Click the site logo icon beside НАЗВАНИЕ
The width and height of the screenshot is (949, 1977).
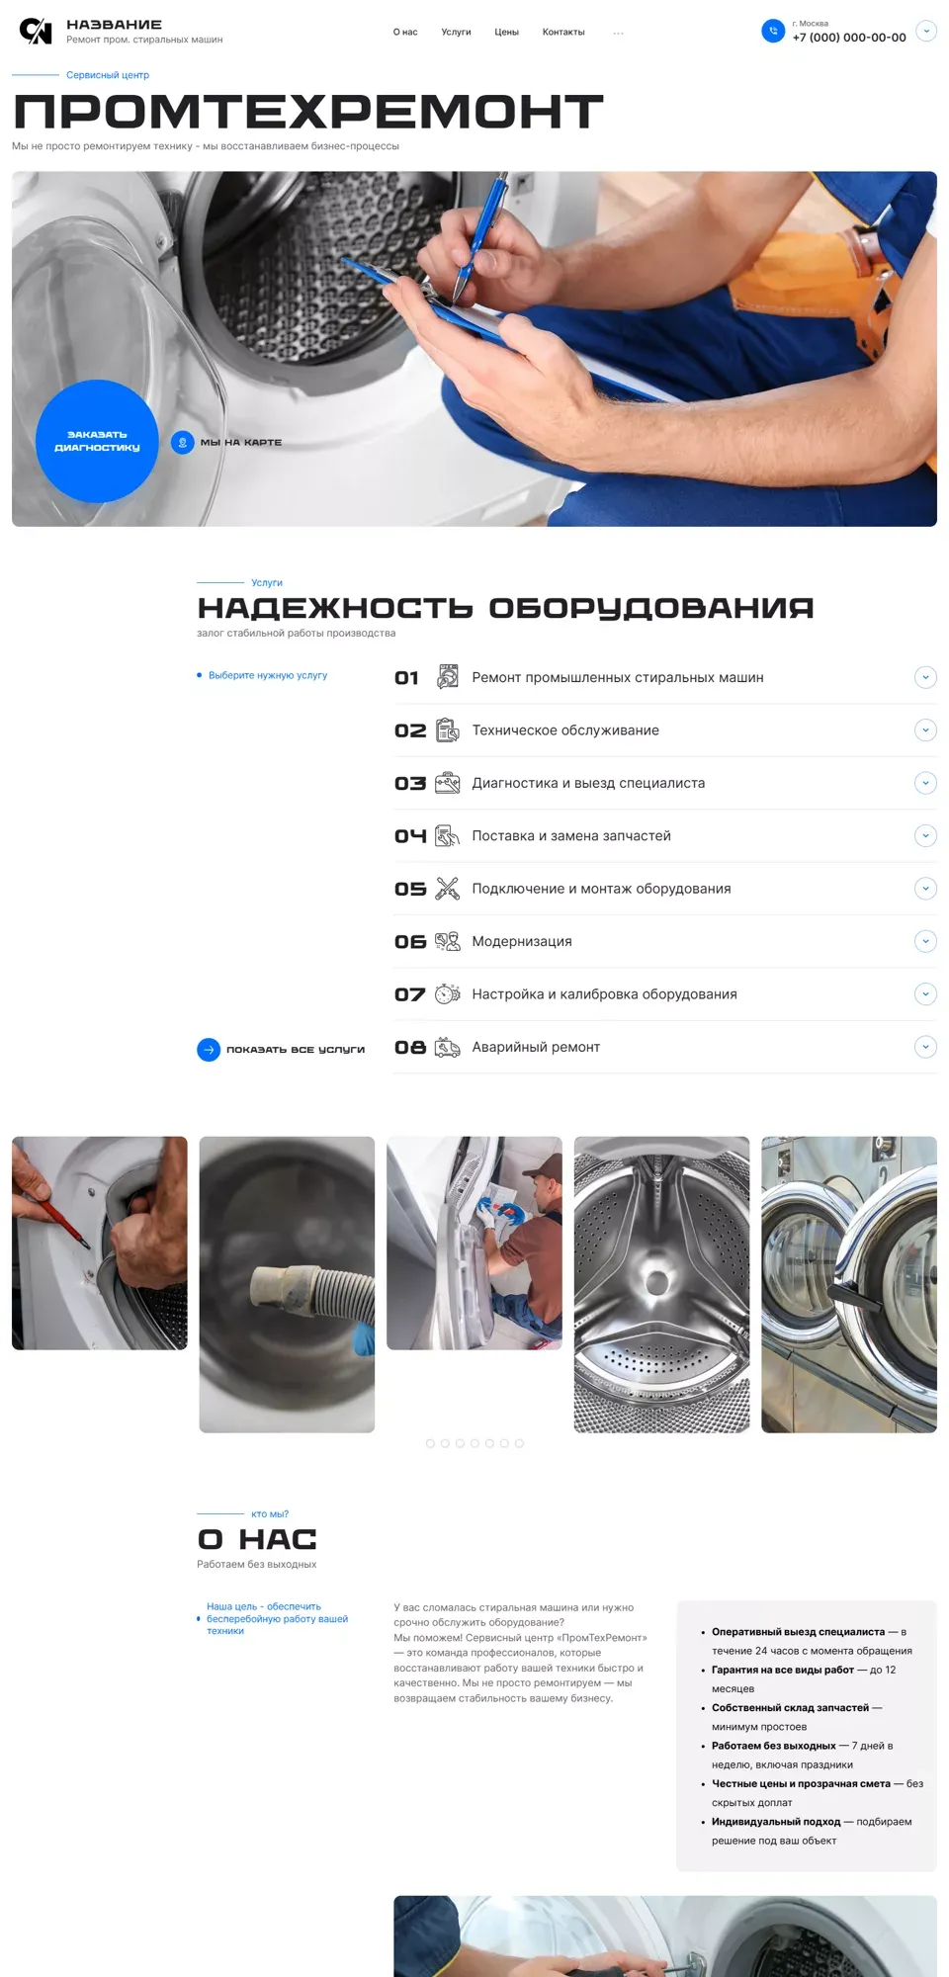[x=36, y=32]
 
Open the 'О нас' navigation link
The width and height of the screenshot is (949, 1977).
[x=405, y=33]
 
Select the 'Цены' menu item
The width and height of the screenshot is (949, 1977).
[x=507, y=33]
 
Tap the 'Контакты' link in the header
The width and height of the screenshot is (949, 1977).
[x=563, y=33]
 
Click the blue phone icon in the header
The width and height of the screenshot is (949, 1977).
[x=773, y=32]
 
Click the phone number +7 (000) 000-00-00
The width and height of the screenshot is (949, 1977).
[x=849, y=38]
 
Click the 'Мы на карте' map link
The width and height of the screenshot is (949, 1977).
[x=241, y=442]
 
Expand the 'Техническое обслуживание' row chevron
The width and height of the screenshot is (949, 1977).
[x=925, y=731]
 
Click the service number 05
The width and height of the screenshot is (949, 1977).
[x=410, y=889]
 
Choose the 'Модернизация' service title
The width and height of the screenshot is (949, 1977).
[x=522, y=941]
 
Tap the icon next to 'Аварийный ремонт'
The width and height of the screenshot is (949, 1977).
[x=448, y=1047]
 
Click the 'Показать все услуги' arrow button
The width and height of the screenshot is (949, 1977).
[x=209, y=1050]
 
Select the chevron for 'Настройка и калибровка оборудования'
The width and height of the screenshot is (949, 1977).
[x=925, y=994]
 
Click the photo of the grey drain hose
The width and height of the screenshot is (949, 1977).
[x=287, y=1284]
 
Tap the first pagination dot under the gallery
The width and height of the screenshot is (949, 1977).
[x=430, y=1443]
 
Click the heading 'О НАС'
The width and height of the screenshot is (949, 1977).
[x=257, y=1539]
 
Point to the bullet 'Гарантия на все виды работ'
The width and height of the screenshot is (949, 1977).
[x=783, y=1670]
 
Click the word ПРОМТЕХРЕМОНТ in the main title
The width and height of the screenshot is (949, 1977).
[x=308, y=112]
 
